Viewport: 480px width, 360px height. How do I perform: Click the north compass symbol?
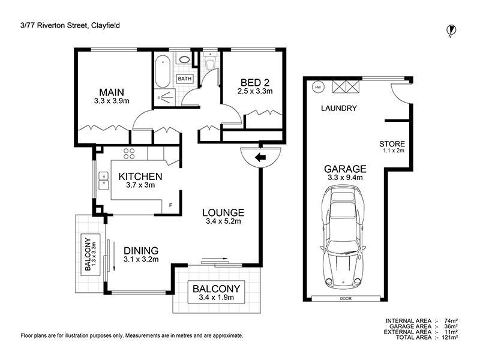pyautogui.click(x=451, y=31)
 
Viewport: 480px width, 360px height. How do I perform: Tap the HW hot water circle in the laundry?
pyautogui.click(x=319, y=88)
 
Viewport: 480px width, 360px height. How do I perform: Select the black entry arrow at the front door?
pyautogui.click(x=260, y=158)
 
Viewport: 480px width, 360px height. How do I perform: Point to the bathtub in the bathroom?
pyautogui.click(x=163, y=71)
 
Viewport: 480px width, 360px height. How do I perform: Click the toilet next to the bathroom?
pyautogui.click(x=211, y=62)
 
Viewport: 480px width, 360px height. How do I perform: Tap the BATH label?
pyautogui.click(x=185, y=79)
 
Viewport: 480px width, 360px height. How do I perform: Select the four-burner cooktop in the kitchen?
pyautogui.click(x=129, y=154)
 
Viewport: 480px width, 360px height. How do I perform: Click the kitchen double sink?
pyautogui.click(x=103, y=181)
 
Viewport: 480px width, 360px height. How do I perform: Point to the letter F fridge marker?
pyautogui.click(x=171, y=205)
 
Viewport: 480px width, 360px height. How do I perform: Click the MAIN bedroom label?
pyautogui.click(x=112, y=92)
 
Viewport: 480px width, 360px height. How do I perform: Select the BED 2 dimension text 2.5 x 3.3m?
pyautogui.click(x=255, y=91)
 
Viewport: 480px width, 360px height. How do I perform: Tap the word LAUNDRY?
pyautogui.click(x=339, y=108)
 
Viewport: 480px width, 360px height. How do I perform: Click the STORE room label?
pyautogui.click(x=392, y=143)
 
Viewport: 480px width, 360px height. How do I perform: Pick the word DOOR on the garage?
pyautogui.click(x=346, y=298)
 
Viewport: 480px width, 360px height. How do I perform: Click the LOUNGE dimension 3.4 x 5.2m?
pyautogui.click(x=223, y=221)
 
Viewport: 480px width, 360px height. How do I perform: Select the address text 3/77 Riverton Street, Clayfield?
pyautogui.click(x=70, y=25)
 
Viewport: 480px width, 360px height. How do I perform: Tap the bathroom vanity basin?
pyautogui.click(x=184, y=59)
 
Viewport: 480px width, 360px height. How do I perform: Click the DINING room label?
pyautogui.click(x=141, y=251)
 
